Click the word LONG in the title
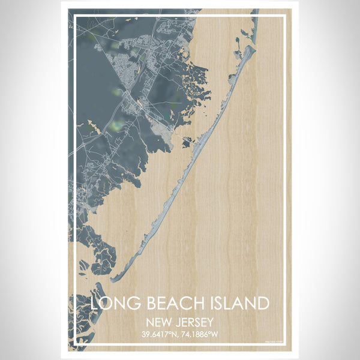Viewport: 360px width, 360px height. coord(115,303)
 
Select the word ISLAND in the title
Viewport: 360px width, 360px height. coord(237,303)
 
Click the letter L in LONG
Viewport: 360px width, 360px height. coord(95,303)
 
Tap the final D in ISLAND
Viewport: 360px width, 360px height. coord(263,303)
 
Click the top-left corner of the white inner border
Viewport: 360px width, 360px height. coord(74,16)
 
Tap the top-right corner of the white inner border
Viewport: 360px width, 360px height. coord(285,16)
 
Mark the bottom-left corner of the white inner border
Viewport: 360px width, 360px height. coord(74,345)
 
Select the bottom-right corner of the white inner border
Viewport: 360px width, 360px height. coord(285,345)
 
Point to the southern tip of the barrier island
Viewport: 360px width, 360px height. coord(112,280)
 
